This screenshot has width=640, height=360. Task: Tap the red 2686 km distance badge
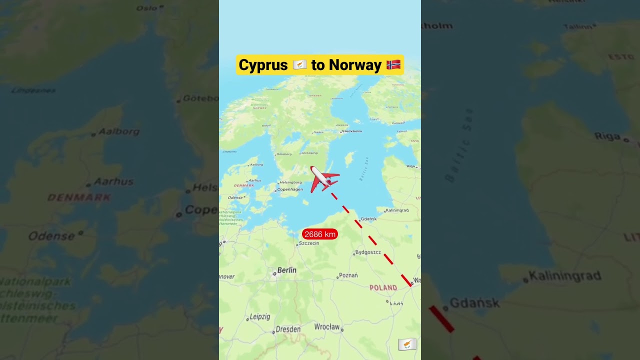[x=320, y=234]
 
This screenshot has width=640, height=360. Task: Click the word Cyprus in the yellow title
[x=263, y=65]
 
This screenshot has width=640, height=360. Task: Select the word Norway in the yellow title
[x=355, y=65]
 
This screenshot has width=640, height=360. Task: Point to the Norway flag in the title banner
[x=393, y=64]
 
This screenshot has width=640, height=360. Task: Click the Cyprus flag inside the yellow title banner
[x=299, y=65]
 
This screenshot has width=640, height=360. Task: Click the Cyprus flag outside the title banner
[x=407, y=344]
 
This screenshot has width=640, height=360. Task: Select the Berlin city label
[x=286, y=270]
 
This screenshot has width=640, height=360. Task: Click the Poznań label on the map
[x=348, y=275]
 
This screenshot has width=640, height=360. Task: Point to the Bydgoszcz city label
[x=367, y=252]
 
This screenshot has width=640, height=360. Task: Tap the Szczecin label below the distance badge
[x=308, y=243]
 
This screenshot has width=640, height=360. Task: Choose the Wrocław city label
[x=327, y=326]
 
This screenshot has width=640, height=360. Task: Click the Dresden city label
[x=288, y=329]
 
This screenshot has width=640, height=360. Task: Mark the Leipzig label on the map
[x=259, y=316]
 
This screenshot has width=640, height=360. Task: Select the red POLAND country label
[x=383, y=287]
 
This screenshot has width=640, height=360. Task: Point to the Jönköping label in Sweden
[x=309, y=153]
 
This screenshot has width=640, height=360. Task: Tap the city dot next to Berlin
[x=274, y=273]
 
